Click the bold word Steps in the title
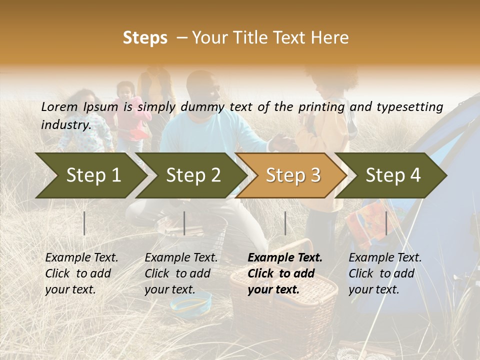[145, 38]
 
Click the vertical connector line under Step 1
[84, 223]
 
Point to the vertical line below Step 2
[184, 223]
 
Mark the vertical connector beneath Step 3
[285, 223]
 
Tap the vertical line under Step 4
[386, 223]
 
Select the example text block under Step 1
[81, 273]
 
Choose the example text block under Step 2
[181, 273]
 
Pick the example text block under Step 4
[385, 273]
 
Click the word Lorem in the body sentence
[59, 106]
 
